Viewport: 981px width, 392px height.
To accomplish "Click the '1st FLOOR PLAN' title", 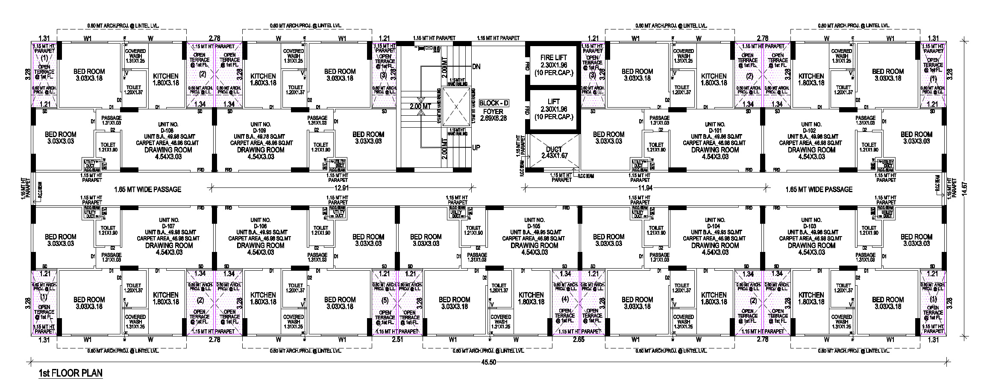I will coord(70,373).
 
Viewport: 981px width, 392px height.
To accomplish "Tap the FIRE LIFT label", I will coord(553,58).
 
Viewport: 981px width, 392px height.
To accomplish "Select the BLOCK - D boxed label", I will coord(494,103).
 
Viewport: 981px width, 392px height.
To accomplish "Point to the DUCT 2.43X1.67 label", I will coord(554,152).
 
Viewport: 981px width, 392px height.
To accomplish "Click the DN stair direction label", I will coord(476,67).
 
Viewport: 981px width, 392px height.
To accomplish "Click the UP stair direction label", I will coord(476,148).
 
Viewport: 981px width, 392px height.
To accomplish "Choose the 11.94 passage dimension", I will coord(645,188).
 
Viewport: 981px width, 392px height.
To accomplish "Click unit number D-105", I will coord(534,226).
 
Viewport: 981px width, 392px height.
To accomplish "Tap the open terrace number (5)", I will coord(385,300).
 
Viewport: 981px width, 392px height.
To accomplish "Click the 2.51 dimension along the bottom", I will coord(397,340).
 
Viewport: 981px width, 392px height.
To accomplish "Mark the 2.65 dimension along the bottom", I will coord(579,340).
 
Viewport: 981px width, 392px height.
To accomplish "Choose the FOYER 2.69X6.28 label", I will coord(493,115).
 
